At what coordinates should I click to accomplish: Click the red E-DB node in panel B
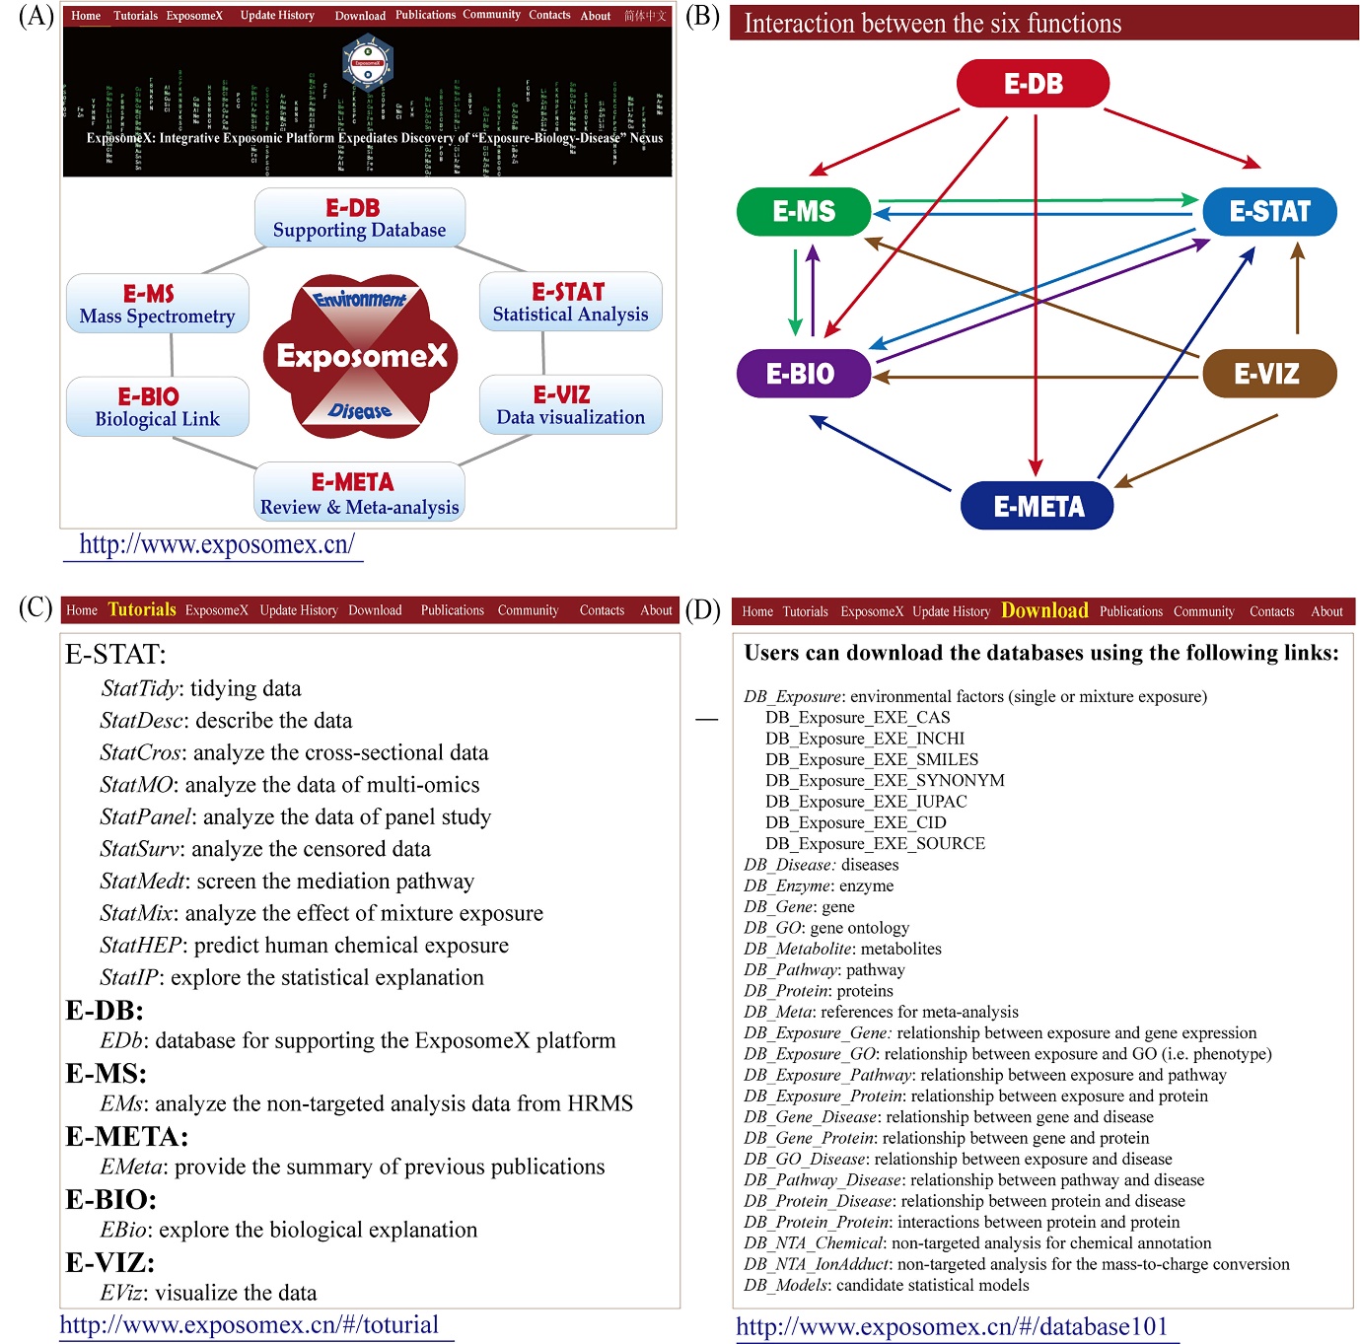(1033, 84)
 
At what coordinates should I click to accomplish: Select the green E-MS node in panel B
(804, 211)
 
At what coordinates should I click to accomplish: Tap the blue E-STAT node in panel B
(1269, 211)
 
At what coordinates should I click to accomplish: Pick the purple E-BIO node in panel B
(804, 374)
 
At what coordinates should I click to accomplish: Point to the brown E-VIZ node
(1269, 374)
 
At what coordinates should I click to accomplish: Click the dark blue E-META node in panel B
(1038, 507)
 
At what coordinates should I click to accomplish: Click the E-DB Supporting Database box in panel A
(359, 218)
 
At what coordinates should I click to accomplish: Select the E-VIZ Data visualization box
(570, 405)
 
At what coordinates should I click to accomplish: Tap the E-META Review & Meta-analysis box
(359, 492)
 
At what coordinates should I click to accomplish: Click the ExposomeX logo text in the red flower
(362, 356)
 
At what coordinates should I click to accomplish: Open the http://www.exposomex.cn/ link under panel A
(216, 544)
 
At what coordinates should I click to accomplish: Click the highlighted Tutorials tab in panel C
(142, 609)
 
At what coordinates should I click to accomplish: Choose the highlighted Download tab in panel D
(1044, 610)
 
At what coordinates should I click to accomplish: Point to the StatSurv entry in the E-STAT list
(265, 849)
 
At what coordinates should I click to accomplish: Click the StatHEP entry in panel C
(304, 946)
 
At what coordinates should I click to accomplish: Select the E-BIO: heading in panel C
(111, 1199)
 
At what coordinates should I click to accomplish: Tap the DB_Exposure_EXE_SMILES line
(872, 759)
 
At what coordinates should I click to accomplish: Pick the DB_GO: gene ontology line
(826, 928)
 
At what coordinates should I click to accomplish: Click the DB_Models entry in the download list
(887, 1285)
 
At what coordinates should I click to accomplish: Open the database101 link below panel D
(952, 1326)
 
